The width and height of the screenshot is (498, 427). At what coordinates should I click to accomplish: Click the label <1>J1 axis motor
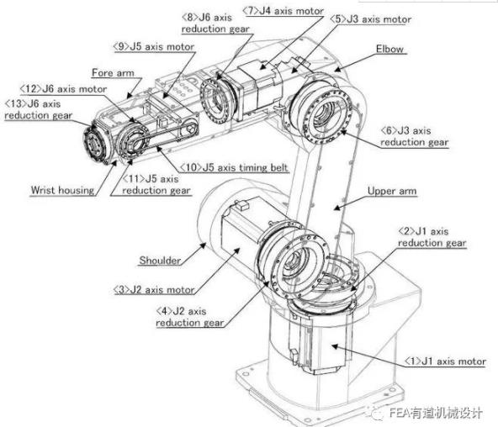445,361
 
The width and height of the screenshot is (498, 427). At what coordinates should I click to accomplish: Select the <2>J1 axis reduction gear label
432,237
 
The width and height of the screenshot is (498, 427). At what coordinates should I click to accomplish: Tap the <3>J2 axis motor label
154,290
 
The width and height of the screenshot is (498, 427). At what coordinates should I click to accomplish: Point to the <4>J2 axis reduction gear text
190,317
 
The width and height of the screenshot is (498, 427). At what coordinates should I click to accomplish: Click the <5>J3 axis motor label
371,19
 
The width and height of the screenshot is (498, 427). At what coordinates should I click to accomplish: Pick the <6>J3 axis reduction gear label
415,137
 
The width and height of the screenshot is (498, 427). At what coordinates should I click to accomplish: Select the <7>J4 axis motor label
283,11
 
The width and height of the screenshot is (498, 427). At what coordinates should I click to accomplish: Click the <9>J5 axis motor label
154,46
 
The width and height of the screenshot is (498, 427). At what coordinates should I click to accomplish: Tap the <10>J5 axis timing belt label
235,167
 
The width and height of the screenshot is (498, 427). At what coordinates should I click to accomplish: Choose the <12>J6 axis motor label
63,89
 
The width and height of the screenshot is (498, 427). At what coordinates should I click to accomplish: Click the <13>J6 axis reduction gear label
39,109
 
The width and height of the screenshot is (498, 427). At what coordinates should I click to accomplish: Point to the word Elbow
389,49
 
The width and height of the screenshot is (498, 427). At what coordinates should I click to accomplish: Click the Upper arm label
392,191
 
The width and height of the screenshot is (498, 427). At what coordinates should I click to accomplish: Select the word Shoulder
160,261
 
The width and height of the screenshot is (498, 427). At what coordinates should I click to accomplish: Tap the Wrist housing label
62,190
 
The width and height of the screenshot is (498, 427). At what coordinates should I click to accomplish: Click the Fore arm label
113,72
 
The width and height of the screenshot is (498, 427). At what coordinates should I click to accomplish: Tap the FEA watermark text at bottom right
436,413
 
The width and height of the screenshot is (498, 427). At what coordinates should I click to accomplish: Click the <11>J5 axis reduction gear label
156,184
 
